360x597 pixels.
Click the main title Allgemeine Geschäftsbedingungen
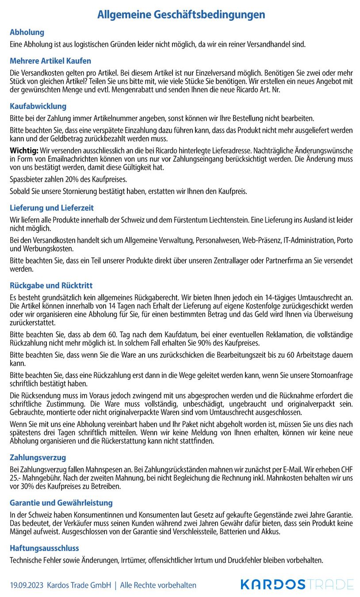181,15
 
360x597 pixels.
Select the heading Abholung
27,32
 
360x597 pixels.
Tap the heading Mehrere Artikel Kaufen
50,61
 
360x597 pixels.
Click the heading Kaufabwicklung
38,106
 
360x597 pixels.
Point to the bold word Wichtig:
24,150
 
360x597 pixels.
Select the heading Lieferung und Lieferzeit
52,208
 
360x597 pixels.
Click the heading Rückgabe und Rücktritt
51,286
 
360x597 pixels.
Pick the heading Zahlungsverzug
38,458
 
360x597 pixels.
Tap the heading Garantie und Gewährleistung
61,503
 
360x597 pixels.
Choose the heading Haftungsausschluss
44,548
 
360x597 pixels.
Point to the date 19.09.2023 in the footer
27,585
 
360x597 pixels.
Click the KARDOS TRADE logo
297,584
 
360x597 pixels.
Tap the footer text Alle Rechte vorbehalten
158,585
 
